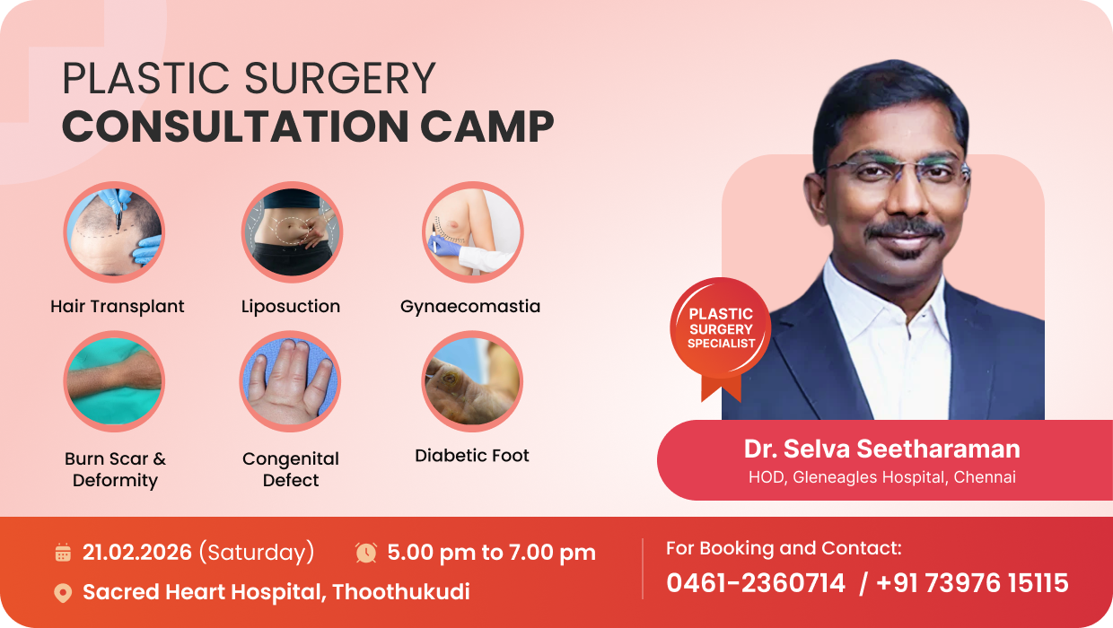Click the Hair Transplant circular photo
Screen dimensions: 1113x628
tap(114, 231)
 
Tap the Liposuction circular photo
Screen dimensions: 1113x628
tap(292, 231)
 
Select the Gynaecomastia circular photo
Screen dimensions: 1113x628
tap(472, 231)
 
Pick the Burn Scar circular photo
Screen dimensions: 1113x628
tap(114, 381)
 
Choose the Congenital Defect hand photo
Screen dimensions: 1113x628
tap(290, 381)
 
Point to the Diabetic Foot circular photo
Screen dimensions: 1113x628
tap(472, 381)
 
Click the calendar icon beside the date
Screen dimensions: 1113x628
tap(63, 553)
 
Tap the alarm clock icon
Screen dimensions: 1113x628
tap(366, 553)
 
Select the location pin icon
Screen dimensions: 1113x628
tap(63, 593)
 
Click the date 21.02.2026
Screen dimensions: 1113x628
tap(137, 553)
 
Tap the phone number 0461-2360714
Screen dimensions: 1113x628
tap(755, 583)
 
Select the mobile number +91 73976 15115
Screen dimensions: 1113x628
tap(972, 583)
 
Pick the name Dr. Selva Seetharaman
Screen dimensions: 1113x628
tap(882, 449)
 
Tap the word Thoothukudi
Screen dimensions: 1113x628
tap(401, 592)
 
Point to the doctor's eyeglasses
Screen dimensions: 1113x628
tap(894, 170)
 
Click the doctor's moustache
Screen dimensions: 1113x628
tap(906, 230)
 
